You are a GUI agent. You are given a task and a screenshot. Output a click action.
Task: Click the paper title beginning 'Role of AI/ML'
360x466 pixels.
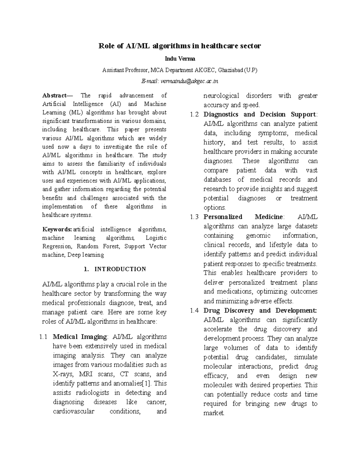coord(180,46)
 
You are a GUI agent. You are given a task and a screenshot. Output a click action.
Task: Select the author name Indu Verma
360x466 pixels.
coord(180,59)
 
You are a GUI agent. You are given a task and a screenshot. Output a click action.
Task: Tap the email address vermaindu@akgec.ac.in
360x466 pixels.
coord(189,81)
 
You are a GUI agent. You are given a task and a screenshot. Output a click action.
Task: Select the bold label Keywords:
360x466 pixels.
coord(57,230)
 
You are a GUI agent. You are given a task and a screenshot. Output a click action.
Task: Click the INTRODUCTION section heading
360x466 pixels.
coord(120,269)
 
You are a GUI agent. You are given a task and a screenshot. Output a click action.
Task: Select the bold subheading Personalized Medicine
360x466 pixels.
coord(243,217)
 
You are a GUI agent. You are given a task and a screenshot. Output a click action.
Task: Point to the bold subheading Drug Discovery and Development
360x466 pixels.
coord(260,311)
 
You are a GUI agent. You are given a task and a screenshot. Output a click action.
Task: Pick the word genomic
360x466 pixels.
coord(258,236)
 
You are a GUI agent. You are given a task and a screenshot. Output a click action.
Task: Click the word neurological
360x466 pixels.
coord(221,96)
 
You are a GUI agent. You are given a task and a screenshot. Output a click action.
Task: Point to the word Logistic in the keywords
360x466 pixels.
coord(156,238)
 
